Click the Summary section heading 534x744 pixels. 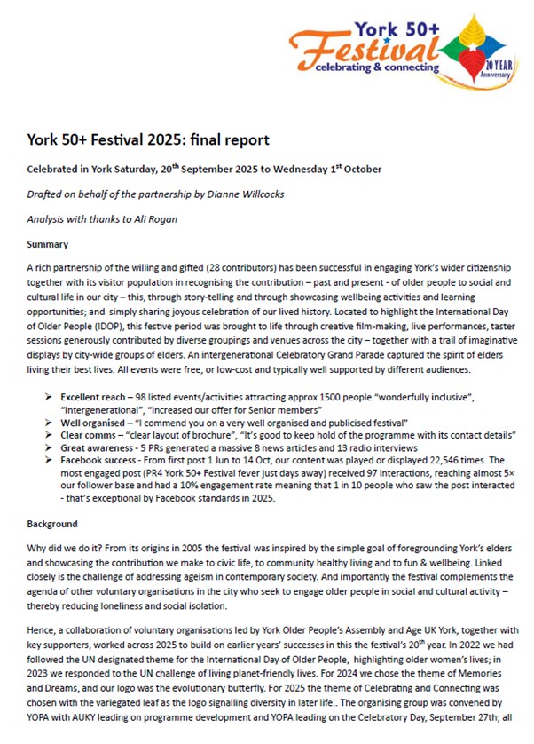pos(48,244)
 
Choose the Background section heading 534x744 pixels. pos(52,525)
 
